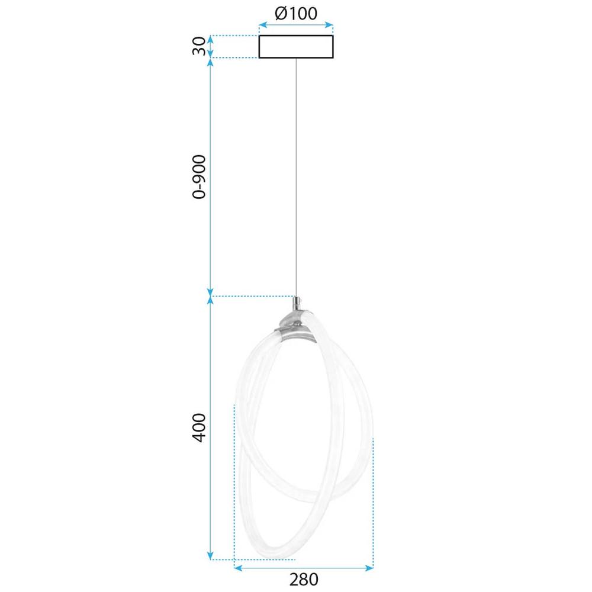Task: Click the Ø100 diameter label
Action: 296,13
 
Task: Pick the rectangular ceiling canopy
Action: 296,47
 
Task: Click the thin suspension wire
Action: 296,178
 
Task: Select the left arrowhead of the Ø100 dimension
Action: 262,25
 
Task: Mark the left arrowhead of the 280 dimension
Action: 237,568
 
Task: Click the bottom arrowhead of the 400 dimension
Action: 210,556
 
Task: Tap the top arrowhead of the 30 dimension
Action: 210,38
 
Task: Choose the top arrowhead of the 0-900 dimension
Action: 210,62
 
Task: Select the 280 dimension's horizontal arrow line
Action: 304,568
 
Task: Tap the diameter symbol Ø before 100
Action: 281,13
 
